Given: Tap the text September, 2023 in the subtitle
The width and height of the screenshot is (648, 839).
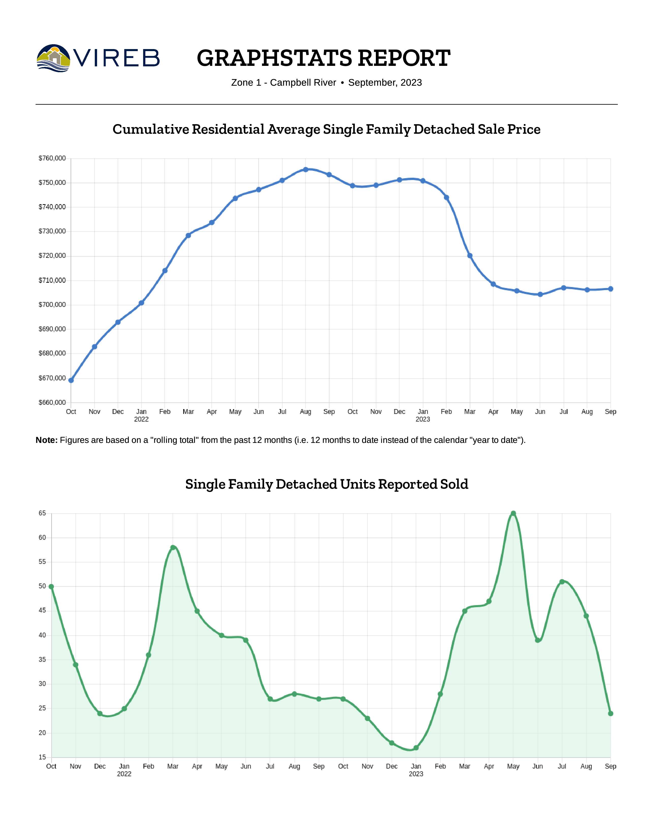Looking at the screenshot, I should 385,83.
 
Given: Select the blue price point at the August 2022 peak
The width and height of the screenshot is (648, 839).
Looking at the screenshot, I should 305,169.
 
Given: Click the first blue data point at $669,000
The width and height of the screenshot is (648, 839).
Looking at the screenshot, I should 71,380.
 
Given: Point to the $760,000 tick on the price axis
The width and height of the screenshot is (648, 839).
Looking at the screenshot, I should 52,158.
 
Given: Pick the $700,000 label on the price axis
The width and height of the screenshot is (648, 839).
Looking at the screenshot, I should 52,305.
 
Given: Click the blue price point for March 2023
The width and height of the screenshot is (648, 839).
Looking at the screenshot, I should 470,256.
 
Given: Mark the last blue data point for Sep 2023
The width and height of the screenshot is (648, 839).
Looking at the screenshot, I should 610,289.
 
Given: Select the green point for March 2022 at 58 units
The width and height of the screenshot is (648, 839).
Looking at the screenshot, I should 173,547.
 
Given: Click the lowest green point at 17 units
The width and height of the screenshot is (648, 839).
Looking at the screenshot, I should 416,747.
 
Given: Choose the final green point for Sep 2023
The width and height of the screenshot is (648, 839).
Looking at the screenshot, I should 610,713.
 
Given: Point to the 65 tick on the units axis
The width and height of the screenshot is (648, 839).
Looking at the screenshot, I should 42,513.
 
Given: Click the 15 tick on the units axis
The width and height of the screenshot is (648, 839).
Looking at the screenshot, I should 42,757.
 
